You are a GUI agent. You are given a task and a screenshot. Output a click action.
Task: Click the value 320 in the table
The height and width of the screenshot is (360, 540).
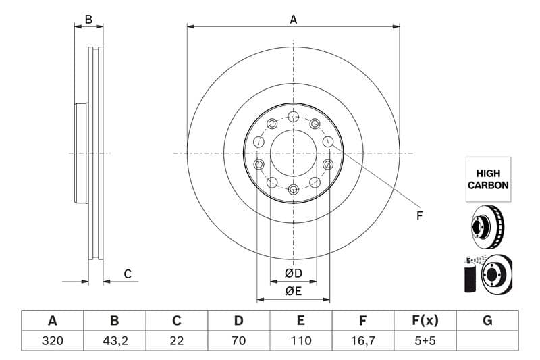52,341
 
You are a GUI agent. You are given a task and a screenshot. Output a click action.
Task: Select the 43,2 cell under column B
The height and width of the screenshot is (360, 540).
114,341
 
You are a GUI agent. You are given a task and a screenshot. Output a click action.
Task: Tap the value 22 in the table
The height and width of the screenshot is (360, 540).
177,341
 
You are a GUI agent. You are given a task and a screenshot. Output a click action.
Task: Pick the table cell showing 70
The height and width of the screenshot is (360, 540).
239,341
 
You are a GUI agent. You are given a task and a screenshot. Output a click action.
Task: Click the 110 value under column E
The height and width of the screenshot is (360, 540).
301,341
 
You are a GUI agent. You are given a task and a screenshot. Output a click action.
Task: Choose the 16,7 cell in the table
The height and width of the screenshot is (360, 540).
363,341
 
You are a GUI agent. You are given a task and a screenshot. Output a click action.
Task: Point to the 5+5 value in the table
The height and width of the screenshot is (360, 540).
425,341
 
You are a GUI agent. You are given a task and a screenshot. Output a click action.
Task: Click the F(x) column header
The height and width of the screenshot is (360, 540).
425,321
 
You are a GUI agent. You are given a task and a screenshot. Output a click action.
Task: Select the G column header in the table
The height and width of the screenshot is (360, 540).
487,321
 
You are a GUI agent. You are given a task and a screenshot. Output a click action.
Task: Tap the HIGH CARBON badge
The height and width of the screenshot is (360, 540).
488,179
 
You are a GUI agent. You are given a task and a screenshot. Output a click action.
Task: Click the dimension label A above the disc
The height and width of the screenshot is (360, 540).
293,20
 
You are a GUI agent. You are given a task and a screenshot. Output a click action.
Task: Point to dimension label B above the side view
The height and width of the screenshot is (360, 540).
88,20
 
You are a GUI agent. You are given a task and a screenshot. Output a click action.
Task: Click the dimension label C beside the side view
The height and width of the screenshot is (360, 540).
127,274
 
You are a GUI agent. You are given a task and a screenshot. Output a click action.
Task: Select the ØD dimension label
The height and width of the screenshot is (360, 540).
293,274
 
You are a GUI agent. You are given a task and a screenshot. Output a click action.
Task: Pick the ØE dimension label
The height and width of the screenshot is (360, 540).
293,291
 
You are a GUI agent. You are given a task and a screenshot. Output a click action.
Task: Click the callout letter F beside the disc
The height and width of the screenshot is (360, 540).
419,215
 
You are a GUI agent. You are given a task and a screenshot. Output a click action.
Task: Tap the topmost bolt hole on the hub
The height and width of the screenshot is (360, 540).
293,117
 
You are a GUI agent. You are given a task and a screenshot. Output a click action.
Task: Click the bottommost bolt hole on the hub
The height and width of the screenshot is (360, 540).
293,189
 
